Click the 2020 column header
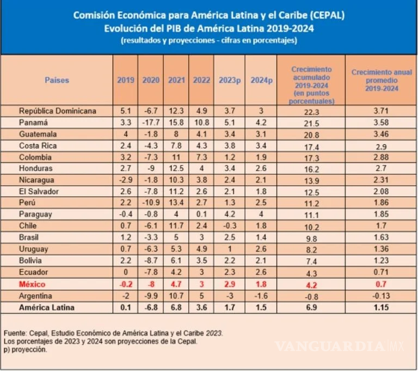coord(151,80)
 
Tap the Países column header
coord(57,80)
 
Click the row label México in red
coord(32,284)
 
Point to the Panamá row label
coord(34,123)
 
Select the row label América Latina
coord(46,307)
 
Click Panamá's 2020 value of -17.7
coord(151,123)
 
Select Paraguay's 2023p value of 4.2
coord(230,214)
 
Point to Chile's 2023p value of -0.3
coord(230,226)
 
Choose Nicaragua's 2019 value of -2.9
coord(126,180)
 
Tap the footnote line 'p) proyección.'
coord(25,350)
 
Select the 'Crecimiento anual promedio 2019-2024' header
coord(380,80)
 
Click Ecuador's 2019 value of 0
coord(126,272)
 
